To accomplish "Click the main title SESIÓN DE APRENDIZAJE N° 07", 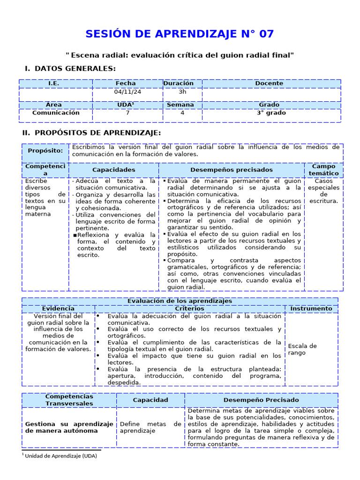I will pos(180,34).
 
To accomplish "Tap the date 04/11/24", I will pos(128,92).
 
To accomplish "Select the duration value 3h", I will pos(182,92).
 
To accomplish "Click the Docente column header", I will pos(269,83).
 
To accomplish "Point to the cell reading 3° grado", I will pos(271,113).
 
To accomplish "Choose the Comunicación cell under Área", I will pos(56,113).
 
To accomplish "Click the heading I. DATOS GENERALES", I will pos(70,69).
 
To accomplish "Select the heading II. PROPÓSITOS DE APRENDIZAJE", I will pos(91,133).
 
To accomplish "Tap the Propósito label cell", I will pos(45,150).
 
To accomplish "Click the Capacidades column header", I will pos(113,170).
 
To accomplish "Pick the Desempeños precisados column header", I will pos(232,170).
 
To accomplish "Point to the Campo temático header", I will pos(323,170).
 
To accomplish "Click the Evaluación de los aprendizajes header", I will pos(180,301).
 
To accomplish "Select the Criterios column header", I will pos(189,308).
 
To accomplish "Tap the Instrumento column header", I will pos(311,308).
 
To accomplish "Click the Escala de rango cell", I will pos(302,349).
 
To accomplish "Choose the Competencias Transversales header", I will pos(69,400).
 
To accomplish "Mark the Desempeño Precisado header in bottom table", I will pos(261,400).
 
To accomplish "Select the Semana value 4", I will pos(182,113).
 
